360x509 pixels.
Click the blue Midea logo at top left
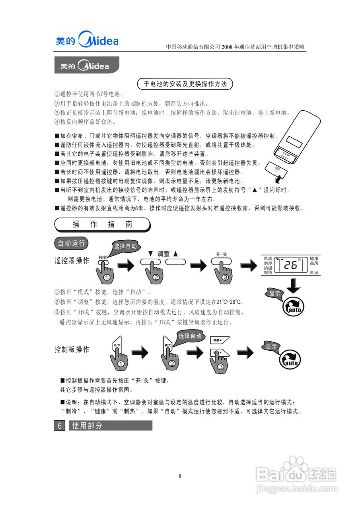pyautogui.click(x=87, y=40)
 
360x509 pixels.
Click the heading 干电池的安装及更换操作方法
pyautogui.click(x=185, y=84)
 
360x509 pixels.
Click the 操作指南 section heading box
pyautogui.click(x=102, y=224)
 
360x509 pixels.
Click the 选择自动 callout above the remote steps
pyautogui.click(x=125, y=246)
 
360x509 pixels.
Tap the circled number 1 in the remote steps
pyautogui.click(x=107, y=277)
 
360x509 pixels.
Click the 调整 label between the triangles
pyautogui.click(x=163, y=253)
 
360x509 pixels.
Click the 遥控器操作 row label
pyautogui.click(x=72, y=260)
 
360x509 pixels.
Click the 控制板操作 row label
pyautogui.click(x=72, y=350)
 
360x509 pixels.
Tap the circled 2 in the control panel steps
pyautogui.click(x=172, y=363)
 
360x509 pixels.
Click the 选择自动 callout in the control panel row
pyautogui.click(x=190, y=336)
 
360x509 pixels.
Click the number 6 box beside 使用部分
pyautogui.click(x=59, y=425)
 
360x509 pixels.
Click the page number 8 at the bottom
pyautogui.click(x=180, y=476)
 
